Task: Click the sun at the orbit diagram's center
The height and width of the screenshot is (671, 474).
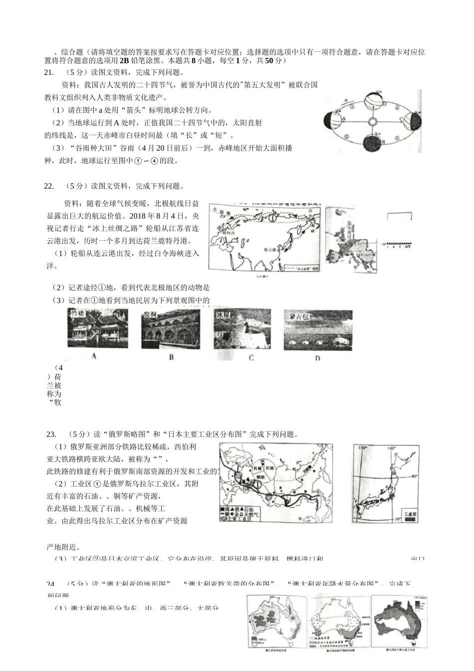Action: tap(372, 122)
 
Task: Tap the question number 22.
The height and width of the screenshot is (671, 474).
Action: tap(49, 186)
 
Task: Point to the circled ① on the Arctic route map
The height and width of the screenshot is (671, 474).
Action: tap(272, 218)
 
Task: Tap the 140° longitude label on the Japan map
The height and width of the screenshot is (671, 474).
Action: tap(393, 448)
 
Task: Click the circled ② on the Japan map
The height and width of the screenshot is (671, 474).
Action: tap(391, 491)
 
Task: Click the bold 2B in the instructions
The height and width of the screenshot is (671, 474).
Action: tap(124, 60)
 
